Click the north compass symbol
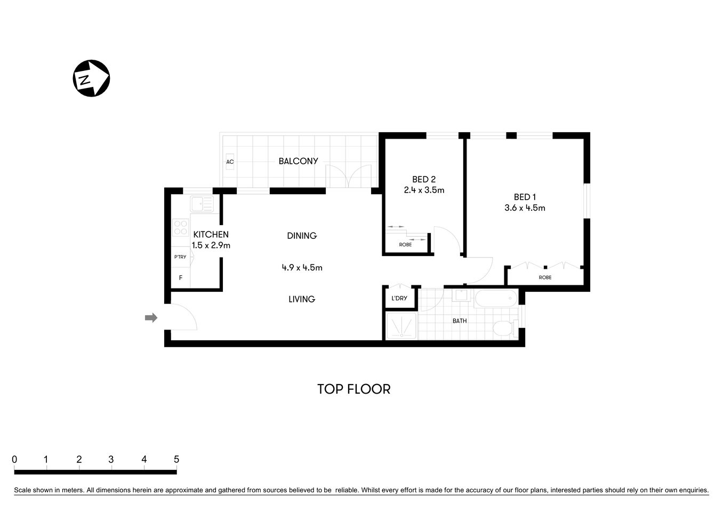point(91,78)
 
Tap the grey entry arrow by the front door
point(151,318)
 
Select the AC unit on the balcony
point(230,162)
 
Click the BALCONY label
point(298,161)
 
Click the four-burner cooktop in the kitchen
point(181,228)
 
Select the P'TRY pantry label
point(180,257)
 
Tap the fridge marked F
point(181,278)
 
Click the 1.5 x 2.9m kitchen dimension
point(211,246)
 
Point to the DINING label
point(302,236)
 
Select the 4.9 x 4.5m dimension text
point(302,268)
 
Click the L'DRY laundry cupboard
point(399,298)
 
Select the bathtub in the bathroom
point(496,298)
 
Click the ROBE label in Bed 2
point(405,245)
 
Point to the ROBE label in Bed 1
point(545,277)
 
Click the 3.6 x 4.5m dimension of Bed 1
point(525,208)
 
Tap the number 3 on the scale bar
point(111,459)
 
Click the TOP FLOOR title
point(353,389)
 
